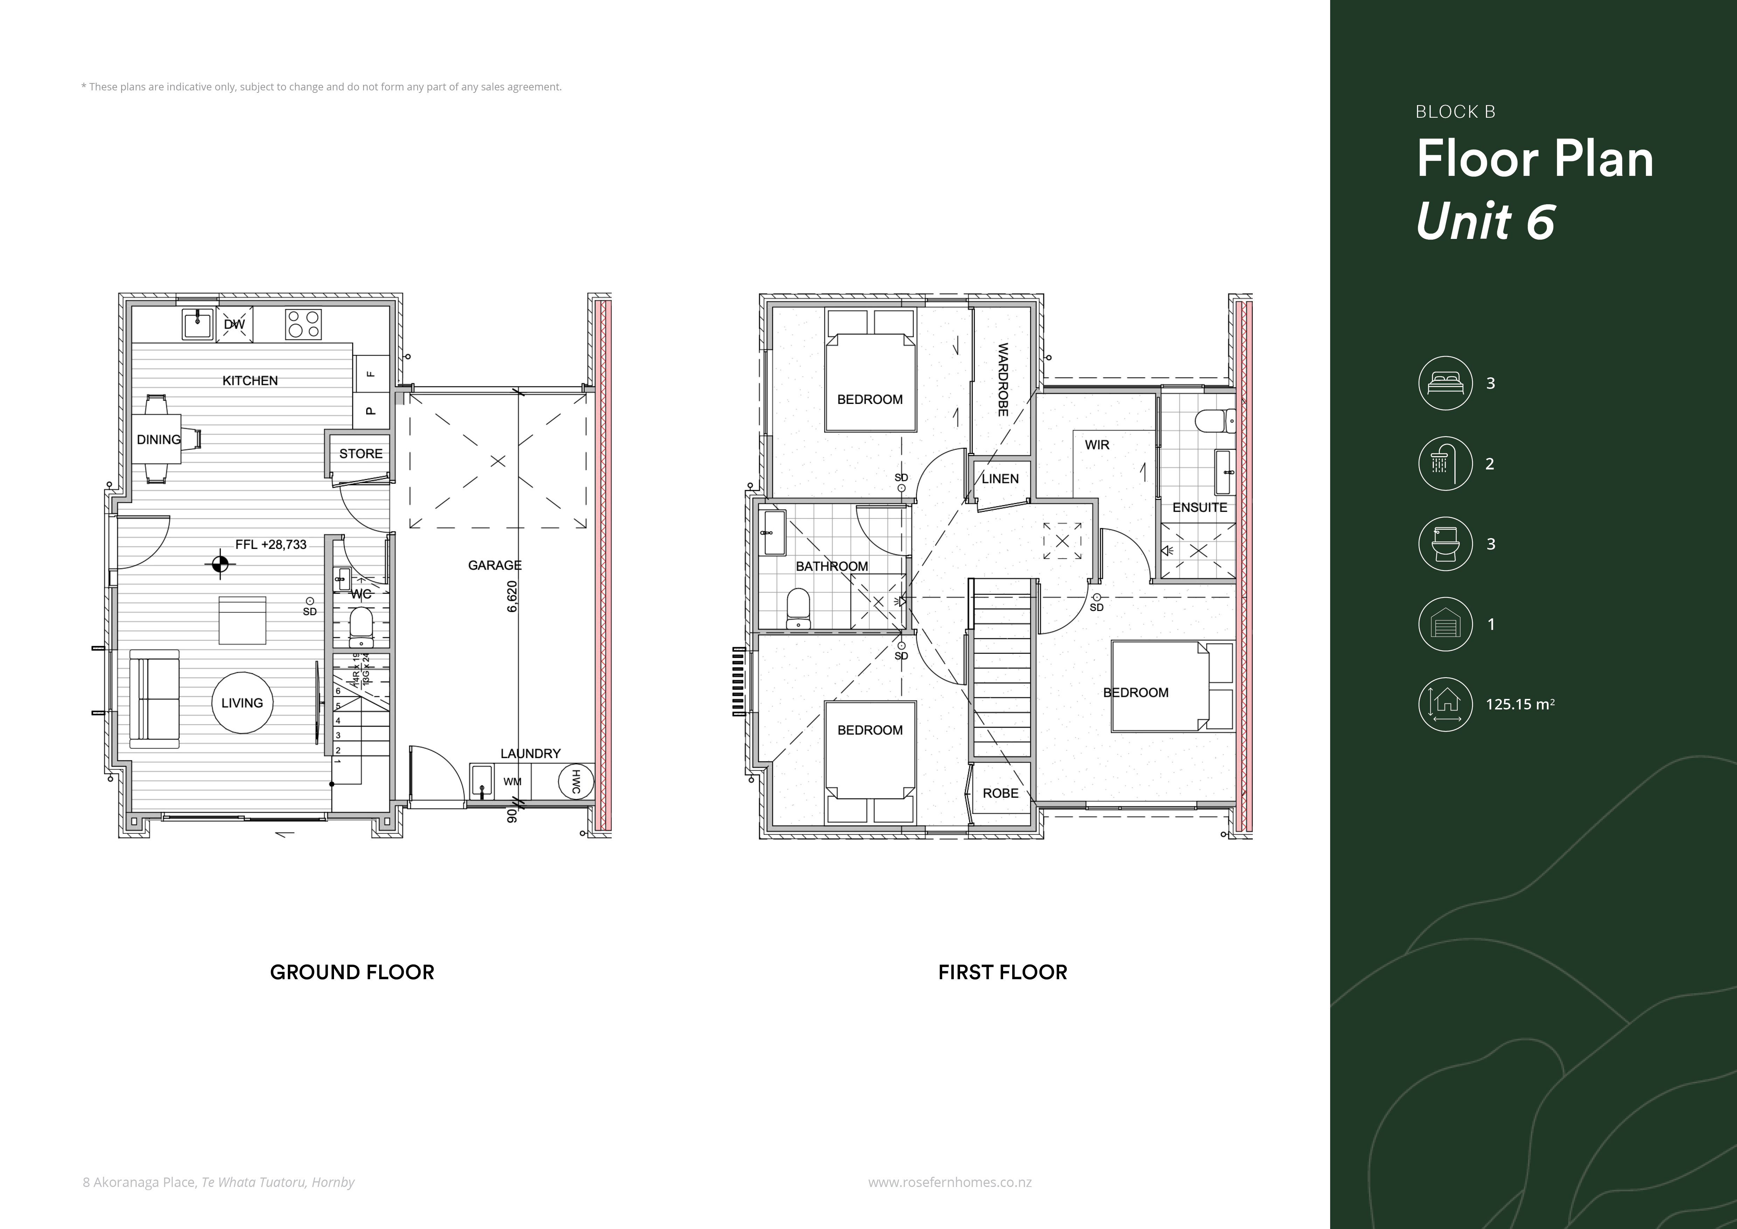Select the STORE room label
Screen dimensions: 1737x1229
pos(361,453)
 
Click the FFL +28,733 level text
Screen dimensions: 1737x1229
pos(271,544)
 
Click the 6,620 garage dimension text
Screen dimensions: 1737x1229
pos(512,596)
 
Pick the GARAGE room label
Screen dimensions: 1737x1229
pos(495,565)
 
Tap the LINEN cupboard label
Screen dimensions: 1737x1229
pos(1000,478)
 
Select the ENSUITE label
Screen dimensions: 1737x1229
pos(1200,507)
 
